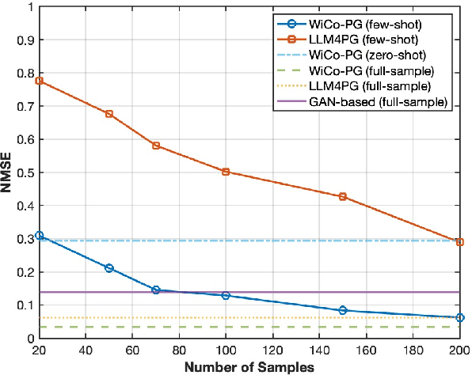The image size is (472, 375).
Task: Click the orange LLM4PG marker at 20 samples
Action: click(x=40, y=81)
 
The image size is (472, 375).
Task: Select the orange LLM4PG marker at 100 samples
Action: click(x=226, y=172)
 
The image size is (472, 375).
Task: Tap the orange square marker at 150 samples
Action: click(x=343, y=196)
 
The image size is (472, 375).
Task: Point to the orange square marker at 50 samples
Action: click(x=109, y=114)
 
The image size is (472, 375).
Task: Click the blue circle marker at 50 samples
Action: click(x=109, y=268)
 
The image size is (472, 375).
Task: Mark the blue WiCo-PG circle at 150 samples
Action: click(x=343, y=310)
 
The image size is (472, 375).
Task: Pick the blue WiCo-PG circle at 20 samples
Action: click(x=40, y=235)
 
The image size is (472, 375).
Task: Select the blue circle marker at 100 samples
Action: click(x=226, y=296)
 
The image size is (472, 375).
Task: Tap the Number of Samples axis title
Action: click(x=249, y=366)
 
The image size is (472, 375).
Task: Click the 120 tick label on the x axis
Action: click(x=272, y=350)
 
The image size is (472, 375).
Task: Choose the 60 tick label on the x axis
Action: click(x=132, y=350)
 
